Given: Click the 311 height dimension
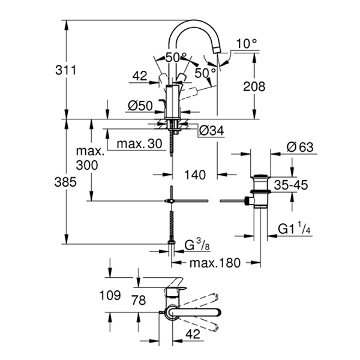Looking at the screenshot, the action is tap(65, 70).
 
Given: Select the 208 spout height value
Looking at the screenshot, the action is tap(254, 86).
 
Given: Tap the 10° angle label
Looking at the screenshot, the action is tap(247, 43).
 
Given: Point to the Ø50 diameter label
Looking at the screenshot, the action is tap(140, 106).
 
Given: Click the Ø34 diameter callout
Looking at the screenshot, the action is tap(211, 131).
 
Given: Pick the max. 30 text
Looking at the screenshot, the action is tap(139, 144).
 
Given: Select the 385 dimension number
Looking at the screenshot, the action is tap(65, 182).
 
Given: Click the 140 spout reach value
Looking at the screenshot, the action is tap(195, 175).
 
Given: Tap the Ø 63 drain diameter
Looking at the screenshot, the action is tap(300, 147).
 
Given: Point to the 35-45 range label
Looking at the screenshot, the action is tap(291, 185).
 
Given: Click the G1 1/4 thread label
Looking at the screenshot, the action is tap(295, 228).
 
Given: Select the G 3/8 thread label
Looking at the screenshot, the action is tap(197, 245).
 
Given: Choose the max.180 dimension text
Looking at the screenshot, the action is tap(215, 263).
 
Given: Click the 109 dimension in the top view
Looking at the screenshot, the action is tap(110, 295).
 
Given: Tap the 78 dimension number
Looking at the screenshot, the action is tap(139, 300).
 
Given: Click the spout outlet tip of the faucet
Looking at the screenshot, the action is tap(216, 50).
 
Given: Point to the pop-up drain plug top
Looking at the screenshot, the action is tap(261, 176).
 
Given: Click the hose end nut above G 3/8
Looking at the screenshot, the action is tap(172, 242).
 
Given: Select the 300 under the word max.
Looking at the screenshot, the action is tap(87, 165).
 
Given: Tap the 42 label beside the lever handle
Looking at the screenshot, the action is tap(140, 76).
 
